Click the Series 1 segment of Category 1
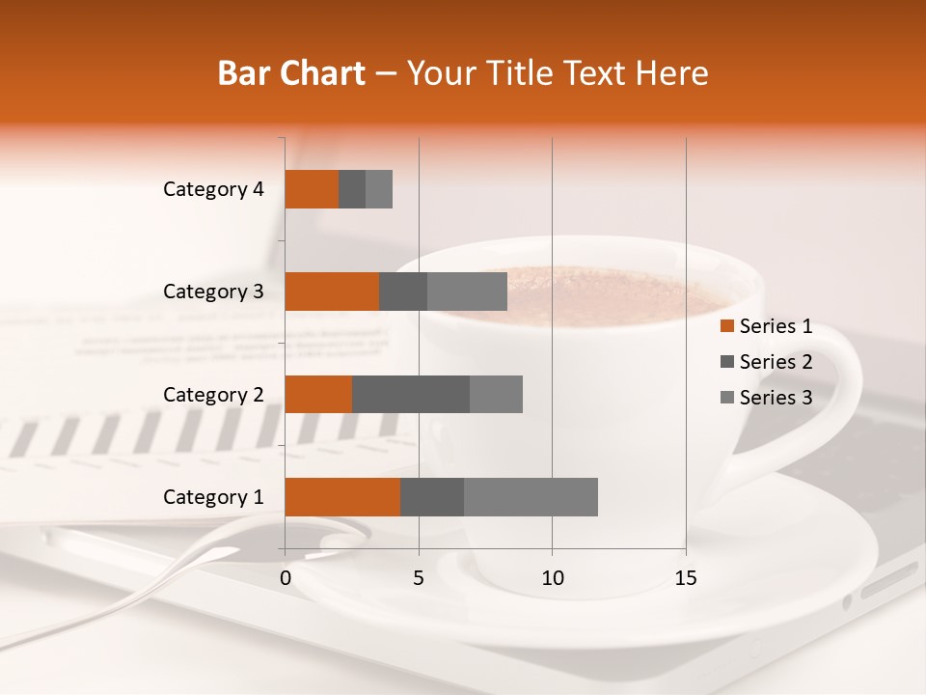point(342,497)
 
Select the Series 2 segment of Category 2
point(411,394)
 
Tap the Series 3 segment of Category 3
point(467,292)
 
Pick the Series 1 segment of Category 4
point(312,189)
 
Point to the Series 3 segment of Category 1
point(531,497)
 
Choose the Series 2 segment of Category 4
point(352,189)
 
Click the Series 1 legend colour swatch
point(726,326)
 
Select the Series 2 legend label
point(776,362)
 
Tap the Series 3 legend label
point(776,397)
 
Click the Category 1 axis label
point(213,497)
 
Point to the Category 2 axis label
point(213,394)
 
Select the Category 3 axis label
point(213,292)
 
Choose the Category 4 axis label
point(213,189)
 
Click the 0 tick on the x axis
point(286,578)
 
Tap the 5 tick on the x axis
point(419,578)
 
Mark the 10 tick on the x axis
point(552,578)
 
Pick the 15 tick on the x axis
point(685,578)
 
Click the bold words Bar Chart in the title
point(291,72)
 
